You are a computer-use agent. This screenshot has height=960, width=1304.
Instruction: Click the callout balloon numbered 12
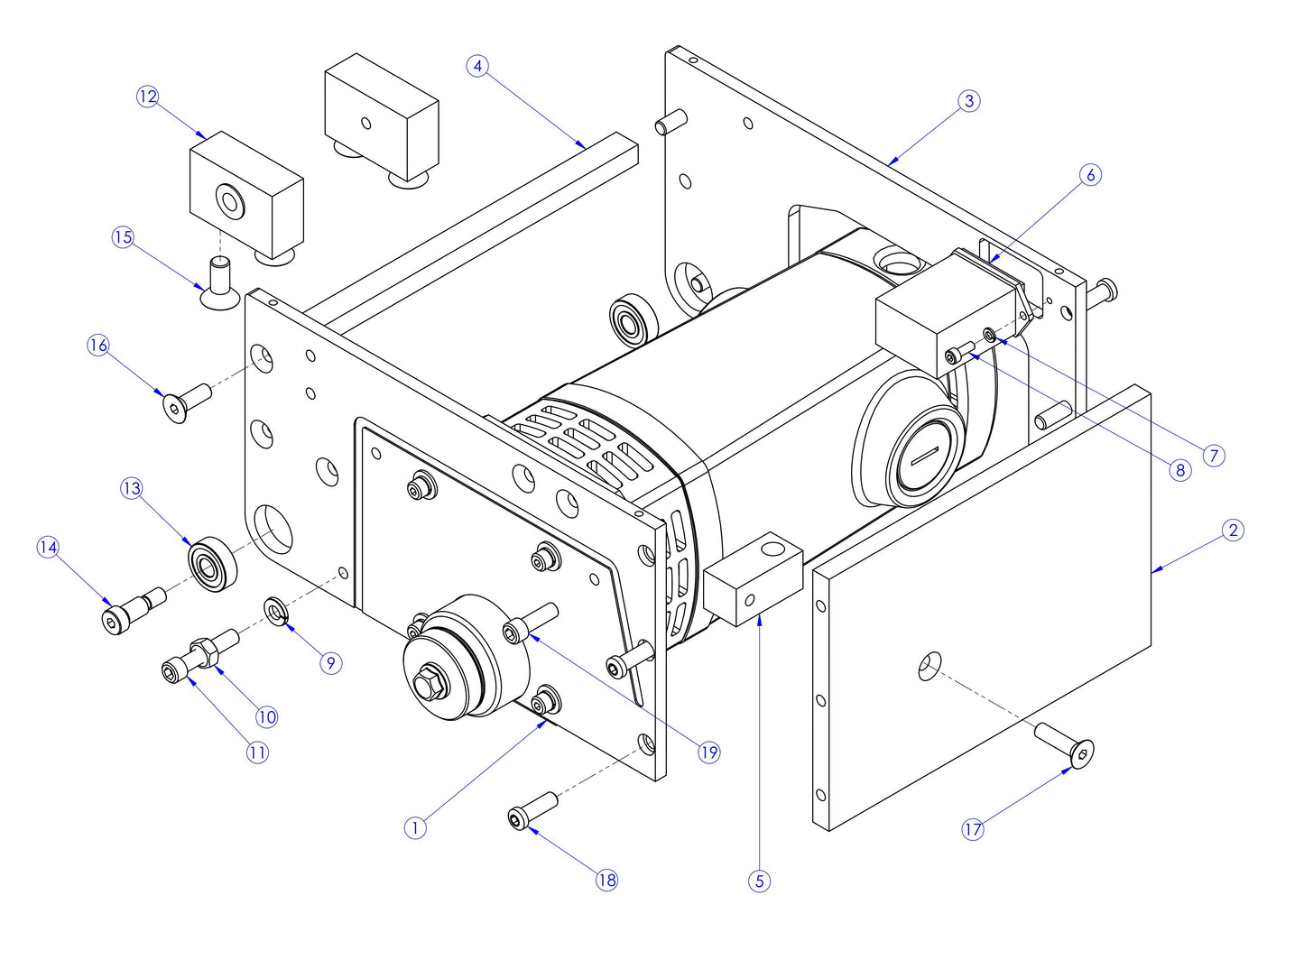coord(148,97)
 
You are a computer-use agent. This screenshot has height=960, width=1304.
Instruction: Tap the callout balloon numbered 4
coord(478,66)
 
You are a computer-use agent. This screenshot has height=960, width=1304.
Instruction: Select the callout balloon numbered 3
coord(969,100)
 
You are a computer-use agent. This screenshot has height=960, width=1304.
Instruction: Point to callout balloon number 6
coord(1090,174)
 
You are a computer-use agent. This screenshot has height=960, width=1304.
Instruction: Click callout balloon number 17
coord(973,829)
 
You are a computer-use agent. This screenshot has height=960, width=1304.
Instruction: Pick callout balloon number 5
coord(759,881)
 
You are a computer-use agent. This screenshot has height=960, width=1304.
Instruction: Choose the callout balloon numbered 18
coord(606,880)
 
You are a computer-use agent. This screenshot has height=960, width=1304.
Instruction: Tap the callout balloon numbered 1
coord(414,827)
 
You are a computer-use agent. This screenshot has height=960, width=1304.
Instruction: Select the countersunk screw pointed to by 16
coord(186,402)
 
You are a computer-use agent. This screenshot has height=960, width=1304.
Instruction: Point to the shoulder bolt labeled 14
coord(132,611)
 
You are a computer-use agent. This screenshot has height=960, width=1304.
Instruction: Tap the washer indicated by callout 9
coord(275,613)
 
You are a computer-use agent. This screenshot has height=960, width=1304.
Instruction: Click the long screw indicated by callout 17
coord(1065,745)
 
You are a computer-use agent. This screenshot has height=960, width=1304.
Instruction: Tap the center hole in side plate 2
coord(929,667)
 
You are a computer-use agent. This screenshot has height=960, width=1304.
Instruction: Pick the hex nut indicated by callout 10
coord(204,651)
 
